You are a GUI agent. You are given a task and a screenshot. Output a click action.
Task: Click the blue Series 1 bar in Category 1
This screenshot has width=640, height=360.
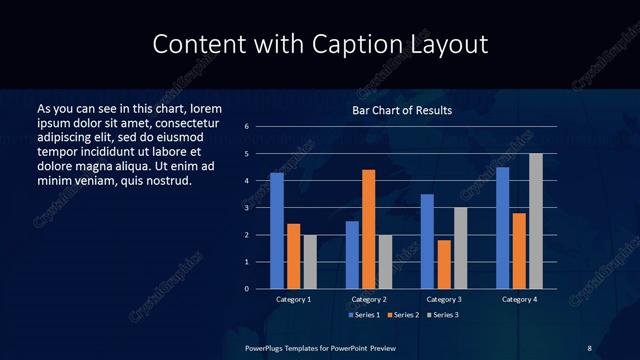(277, 231)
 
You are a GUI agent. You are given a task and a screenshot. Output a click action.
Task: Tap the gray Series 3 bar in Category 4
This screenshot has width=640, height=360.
(536, 221)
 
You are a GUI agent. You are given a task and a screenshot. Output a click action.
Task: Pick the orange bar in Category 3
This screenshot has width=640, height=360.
(444, 264)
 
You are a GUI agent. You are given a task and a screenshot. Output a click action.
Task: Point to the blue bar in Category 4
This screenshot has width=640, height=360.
(503, 228)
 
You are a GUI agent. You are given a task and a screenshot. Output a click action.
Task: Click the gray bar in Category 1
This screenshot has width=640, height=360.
(310, 262)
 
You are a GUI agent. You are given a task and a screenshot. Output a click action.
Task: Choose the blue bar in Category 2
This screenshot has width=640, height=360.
(352, 255)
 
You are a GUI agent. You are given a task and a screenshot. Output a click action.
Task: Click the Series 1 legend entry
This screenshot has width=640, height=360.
(362, 314)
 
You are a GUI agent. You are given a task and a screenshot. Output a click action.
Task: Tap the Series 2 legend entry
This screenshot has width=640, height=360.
(402, 314)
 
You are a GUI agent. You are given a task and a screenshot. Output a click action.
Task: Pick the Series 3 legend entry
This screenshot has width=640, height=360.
(442, 314)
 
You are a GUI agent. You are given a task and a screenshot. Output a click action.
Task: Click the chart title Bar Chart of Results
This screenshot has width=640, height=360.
(402, 110)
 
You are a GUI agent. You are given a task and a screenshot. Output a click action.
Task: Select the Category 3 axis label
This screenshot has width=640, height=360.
(443, 299)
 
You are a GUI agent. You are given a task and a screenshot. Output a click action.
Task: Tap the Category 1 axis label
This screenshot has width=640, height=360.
(294, 299)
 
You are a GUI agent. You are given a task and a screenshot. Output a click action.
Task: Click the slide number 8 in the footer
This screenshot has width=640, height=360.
(589, 347)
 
